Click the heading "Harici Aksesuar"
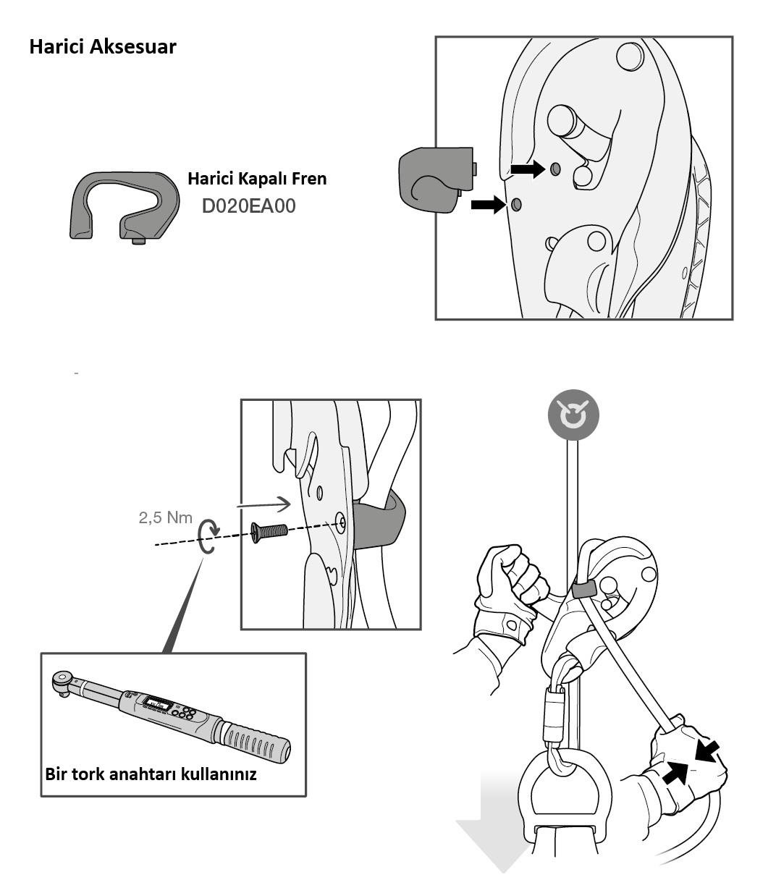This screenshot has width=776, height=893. click(102, 47)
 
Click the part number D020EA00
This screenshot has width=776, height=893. click(248, 206)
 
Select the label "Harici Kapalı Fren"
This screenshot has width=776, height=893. click(257, 179)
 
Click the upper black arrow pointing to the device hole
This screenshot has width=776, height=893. click(526, 169)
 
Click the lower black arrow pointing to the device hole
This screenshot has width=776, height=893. click(487, 205)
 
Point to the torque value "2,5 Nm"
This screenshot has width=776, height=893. click(165, 517)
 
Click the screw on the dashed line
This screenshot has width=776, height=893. click(269, 533)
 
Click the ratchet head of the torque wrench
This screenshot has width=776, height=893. click(63, 681)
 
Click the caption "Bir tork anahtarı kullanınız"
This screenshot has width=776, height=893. click(151, 774)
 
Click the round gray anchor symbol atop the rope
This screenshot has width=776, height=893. click(573, 415)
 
